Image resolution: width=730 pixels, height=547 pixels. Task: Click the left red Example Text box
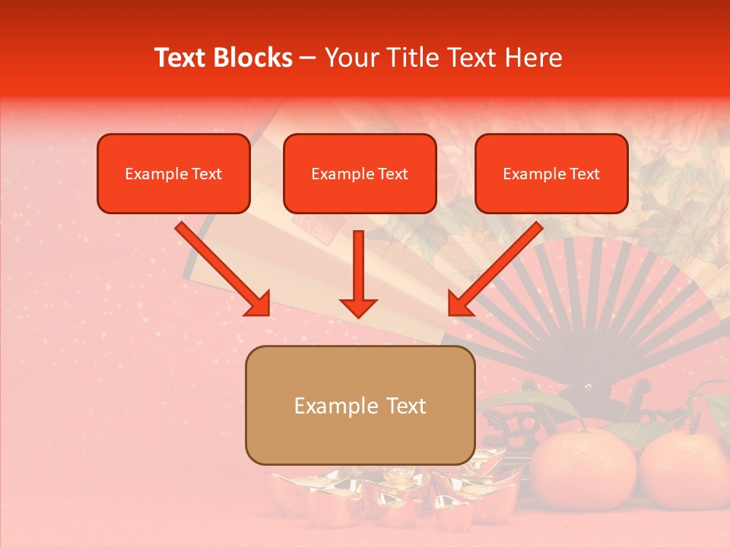173,174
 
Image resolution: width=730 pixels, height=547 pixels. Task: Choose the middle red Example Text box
360,174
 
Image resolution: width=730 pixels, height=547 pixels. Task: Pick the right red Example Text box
551,174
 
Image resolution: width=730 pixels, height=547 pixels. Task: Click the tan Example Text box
360,405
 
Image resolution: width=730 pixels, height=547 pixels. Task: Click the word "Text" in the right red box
585,174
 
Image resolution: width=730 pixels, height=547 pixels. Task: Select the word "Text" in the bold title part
182,58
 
